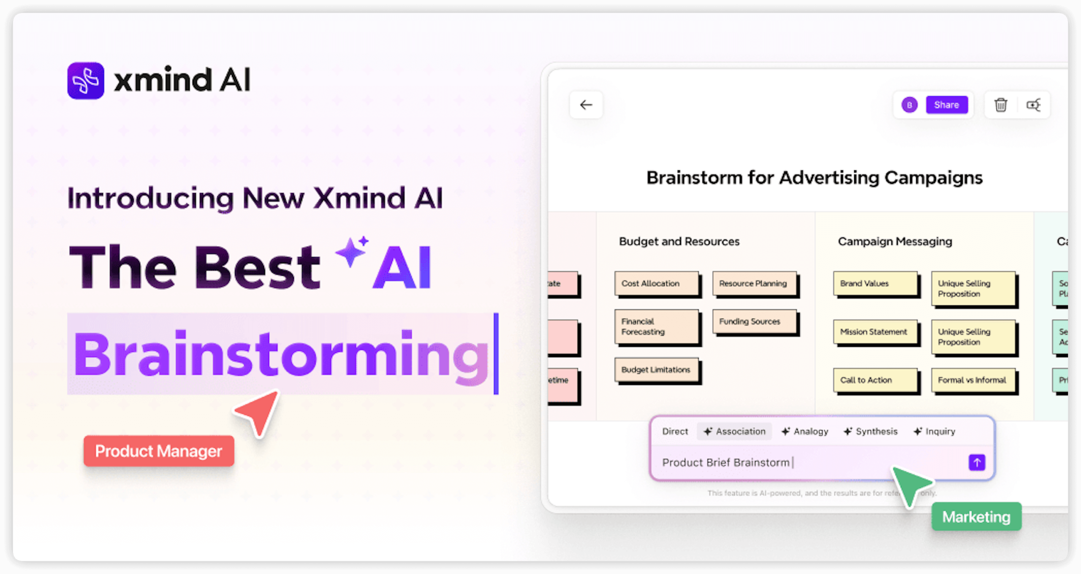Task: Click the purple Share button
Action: click(946, 105)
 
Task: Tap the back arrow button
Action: click(586, 105)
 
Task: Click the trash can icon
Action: click(1000, 105)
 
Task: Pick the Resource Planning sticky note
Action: click(754, 283)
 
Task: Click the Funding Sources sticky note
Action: click(754, 321)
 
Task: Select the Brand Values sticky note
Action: click(875, 283)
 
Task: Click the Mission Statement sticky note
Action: click(875, 332)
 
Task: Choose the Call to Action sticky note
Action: click(875, 380)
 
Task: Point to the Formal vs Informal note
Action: click(972, 380)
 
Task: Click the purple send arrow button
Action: click(977, 463)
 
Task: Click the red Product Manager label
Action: click(159, 451)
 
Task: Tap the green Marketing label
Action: click(976, 517)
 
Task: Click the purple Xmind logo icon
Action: click(86, 81)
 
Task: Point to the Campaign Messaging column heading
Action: click(895, 242)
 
